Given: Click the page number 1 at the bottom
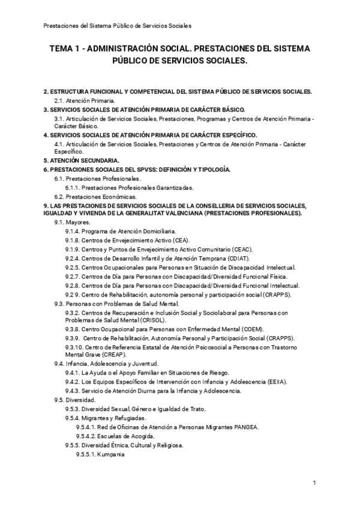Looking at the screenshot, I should tap(314, 483).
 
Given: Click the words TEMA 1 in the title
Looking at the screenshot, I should tap(65, 49).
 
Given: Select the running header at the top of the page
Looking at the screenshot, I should tap(118, 26).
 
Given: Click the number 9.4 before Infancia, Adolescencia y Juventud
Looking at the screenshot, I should tap(59, 364).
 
